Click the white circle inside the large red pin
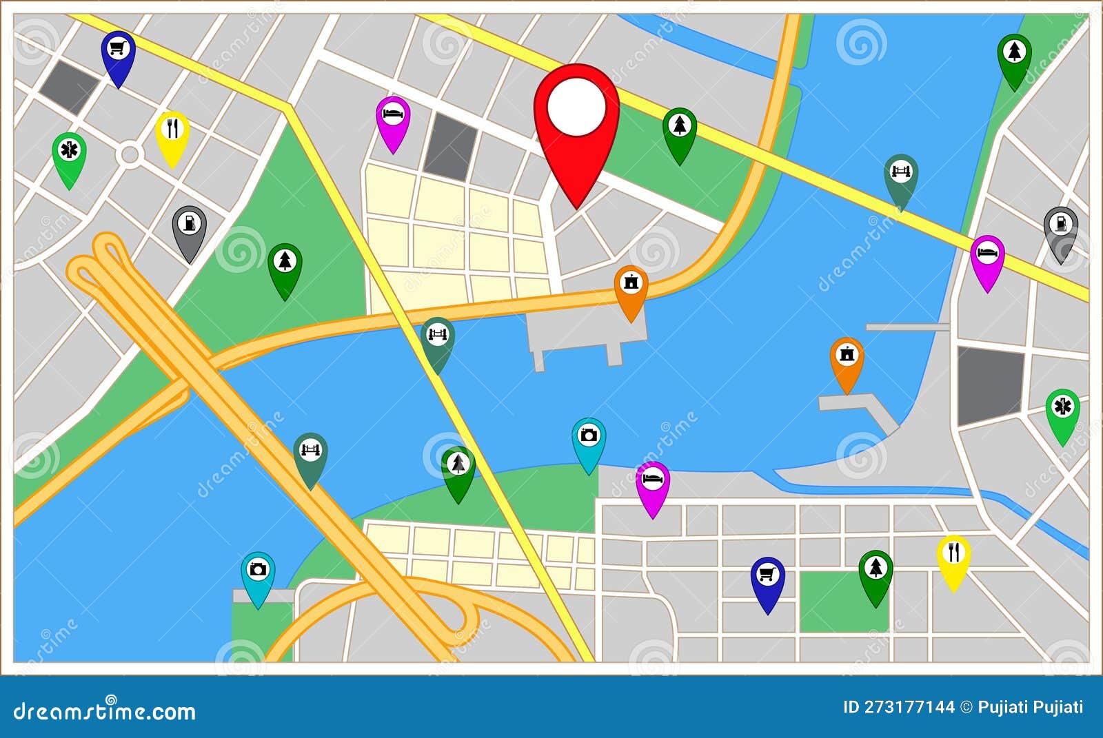[x=576, y=107]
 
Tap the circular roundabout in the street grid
[x=129, y=154]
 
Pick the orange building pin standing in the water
[x=847, y=360]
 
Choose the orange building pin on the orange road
[x=631, y=288]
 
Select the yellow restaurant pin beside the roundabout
[x=172, y=134]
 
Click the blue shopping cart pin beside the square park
[x=767, y=580]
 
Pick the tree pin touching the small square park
[x=876, y=573]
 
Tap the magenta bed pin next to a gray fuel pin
[x=987, y=258]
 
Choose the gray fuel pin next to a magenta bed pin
[x=1060, y=229]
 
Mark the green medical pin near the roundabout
[x=69, y=156]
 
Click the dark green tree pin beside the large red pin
[x=680, y=131]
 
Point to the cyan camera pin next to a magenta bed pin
[x=589, y=440]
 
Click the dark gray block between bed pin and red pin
[x=450, y=147]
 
